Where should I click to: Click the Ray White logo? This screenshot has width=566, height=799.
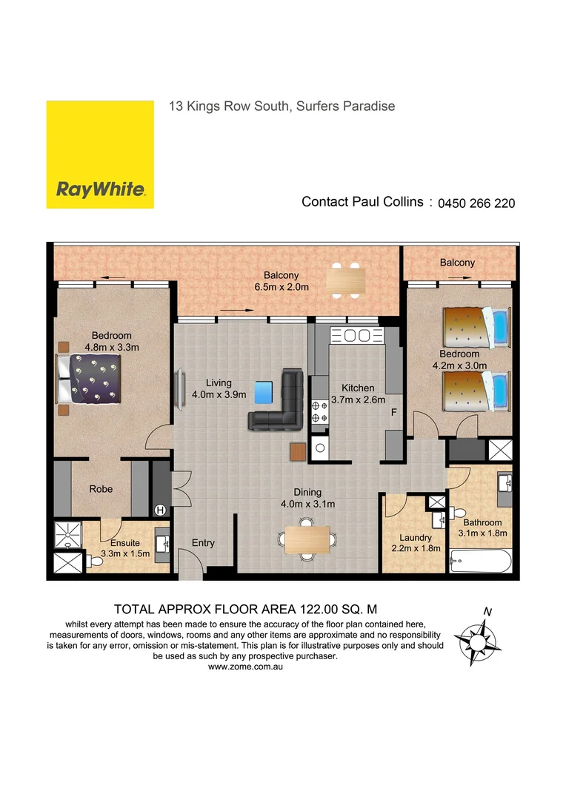[x=100, y=155]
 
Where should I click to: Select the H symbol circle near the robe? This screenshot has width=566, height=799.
[x=160, y=509]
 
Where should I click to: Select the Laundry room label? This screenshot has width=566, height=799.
[x=416, y=538]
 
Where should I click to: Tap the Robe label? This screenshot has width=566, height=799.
[x=101, y=489]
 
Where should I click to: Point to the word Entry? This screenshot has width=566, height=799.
[x=203, y=543]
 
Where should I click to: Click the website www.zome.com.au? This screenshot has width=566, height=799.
[x=247, y=667]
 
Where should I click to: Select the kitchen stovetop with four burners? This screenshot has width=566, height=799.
[x=320, y=411]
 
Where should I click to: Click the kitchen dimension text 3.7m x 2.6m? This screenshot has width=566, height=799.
[x=358, y=400]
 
